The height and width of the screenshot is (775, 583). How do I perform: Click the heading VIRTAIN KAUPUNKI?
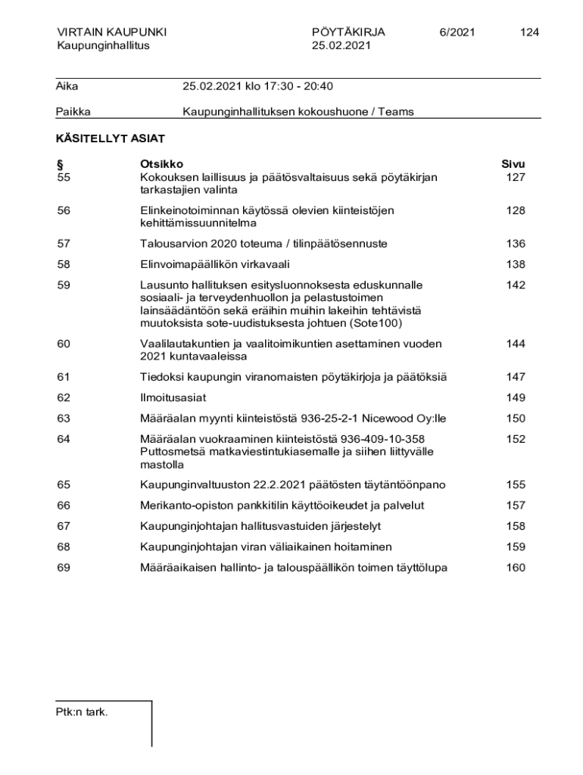111,32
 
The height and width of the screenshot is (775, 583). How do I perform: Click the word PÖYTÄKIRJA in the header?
348,32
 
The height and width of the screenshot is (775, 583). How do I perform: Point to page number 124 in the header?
529,32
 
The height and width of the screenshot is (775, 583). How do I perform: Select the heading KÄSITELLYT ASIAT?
111,139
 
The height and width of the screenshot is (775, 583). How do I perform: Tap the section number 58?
64,264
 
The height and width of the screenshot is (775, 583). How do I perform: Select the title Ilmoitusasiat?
173,397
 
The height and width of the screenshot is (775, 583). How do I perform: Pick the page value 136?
516,244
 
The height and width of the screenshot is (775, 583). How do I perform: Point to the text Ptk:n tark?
82,711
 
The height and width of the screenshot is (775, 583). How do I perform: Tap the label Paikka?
73,112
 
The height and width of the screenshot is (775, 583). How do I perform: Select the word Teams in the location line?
397,112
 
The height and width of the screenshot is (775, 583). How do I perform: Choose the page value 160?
516,568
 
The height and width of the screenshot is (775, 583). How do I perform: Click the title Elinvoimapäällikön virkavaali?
215,264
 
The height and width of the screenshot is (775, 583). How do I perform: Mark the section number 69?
64,568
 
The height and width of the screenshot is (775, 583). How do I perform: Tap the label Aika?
67,86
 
